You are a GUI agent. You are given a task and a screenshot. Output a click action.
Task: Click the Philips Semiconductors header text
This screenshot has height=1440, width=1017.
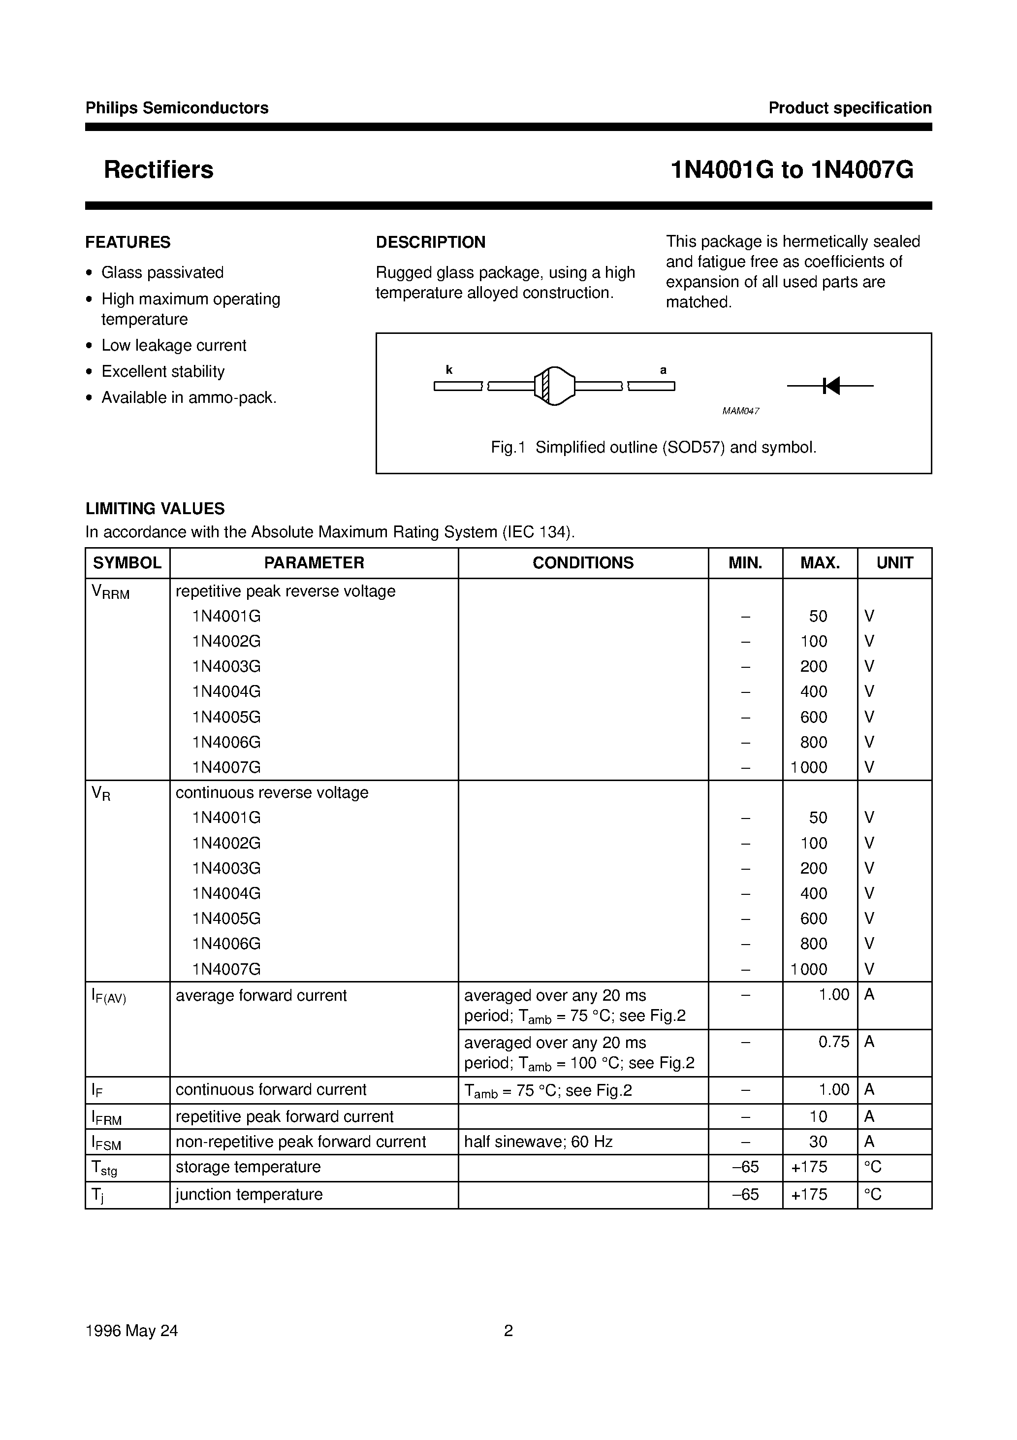[177, 108]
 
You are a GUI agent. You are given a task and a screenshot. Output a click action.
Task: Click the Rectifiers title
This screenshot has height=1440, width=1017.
[158, 170]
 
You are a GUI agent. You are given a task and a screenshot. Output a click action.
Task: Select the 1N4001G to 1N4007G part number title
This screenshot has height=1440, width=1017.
[792, 170]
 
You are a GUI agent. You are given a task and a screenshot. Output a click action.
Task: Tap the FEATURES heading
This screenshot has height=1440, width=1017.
[128, 242]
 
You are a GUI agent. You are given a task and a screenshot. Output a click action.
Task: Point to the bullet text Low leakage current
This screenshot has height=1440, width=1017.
[174, 346]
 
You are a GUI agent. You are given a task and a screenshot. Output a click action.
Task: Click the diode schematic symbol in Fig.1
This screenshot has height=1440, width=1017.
[830, 386]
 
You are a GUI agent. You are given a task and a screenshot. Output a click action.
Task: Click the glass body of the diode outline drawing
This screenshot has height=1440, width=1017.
[554, 386]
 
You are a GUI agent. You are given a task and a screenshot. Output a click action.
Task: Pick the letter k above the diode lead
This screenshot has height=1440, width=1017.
[449, 370]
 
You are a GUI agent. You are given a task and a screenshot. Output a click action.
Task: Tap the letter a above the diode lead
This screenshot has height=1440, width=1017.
[664, 370]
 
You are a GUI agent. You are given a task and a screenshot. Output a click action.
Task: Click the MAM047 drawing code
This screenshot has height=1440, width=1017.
[740, 411]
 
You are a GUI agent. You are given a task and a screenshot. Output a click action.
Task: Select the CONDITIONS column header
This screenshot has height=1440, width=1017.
[583, 562]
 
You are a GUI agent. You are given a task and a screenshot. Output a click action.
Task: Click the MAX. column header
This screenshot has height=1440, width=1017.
[820, 562]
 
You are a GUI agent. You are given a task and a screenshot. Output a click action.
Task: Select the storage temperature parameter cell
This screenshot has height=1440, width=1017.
[248, 1167]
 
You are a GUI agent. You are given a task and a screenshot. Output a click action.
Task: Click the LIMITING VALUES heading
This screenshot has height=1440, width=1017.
[155, 509]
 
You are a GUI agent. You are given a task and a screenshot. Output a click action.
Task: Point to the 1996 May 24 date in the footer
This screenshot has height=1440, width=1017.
[131, 1331]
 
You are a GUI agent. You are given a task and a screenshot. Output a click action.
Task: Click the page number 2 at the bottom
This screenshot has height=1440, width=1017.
[508, 1331]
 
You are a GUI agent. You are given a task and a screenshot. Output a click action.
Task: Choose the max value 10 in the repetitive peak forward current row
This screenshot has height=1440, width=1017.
[818, 1116]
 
